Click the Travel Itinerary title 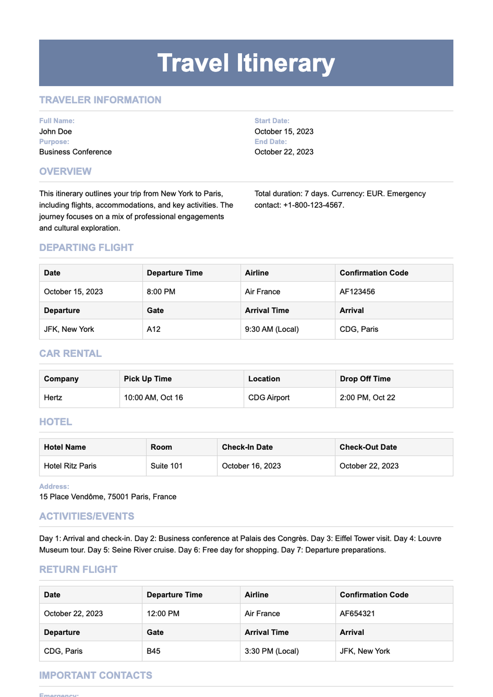pyautogui.click(x=246, y=63)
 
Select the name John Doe pyautogui.click(x=55, y=131)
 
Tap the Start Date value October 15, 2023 pyautogui.click(x=284, y=131)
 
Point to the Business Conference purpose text pyautogui.click(x=75, y=152)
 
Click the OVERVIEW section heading pyautogui.click(x=65, y=171)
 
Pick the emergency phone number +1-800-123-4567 pyautogui.click(x=313, y=205)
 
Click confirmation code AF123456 pyautogui.click(x=357, y=292)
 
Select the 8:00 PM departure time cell pyautogui.click(x=161, y=292)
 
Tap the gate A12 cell pyautogui.click(x=154, y=329)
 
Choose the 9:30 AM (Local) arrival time pyautogui.click(x=272, y=329)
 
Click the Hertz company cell pyautogui.click(x=53, y=398)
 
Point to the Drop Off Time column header pyautogui.click(x=365, y=379)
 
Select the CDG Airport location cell pyautogui.click(x=269, y=398)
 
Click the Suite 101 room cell pyautogui.click(x=166, y=466)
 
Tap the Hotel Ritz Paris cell pyautogui.click(x=70, y=466)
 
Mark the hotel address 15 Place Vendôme pyautogui.click(x=108, y=497)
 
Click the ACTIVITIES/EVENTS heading pyautogui.click(x=87, y=516)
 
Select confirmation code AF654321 pyautogui.click(x=357, y=614)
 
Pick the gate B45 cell pyautogui.click(x=154, y=651)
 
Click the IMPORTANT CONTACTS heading pyautogui.click(x=96, y=675)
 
